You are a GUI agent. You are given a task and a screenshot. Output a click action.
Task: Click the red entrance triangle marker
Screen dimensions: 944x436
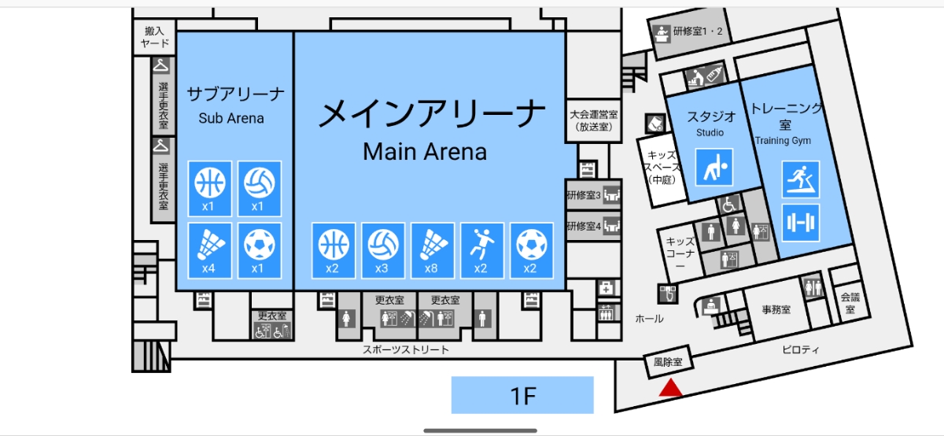pyautogui.click(x=670, y=389)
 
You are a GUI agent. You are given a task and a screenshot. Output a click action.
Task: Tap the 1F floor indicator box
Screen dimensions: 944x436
pyautogui.click(x=522, y=395)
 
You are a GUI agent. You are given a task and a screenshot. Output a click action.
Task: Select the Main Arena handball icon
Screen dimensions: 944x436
pyautogui.click(x=482, y=251)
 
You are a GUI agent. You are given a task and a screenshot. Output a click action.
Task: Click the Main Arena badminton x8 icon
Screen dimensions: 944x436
pyautogui.click(x=433, y=251)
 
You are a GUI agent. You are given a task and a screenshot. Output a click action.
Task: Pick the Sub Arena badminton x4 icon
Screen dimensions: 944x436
pyautogui.click(x=209, y=251)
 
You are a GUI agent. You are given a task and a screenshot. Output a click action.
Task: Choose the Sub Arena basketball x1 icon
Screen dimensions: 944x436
pyautogui.click(x=209, y=188)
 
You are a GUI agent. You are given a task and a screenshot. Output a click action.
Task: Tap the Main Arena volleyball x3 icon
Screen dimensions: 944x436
pyautogui.click(x=382, y=251)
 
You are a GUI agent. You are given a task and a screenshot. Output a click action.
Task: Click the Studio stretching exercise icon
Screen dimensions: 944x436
pyautogui.click(x=714, y=167)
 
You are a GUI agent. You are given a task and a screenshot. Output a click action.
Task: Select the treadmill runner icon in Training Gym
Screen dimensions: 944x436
pyautogui.click(x=801, y=179)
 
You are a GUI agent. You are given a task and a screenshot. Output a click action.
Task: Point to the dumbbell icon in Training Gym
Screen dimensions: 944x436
pyautogui.click(x=801, y=223)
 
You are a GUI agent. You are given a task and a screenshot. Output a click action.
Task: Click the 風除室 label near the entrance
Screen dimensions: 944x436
pyautogui.click(x=668, y=362)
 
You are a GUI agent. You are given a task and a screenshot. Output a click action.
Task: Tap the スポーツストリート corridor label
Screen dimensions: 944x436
pyautogui.click(x=406, y=349)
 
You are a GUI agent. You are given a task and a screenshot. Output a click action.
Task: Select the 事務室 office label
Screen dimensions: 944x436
pyautogui.click(x=776, y=309)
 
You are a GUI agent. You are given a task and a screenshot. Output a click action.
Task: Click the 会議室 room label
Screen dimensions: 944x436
pyautogui.click(x=850, y=303)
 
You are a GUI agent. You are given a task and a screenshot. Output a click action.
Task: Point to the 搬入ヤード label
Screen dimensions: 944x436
pyautogui.click(x=155, y=37)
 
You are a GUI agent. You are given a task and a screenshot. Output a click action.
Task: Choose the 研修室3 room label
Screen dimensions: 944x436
pyautogui.click(x=584, y=195)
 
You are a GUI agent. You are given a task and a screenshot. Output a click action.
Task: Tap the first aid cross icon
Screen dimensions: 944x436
pyautogui.click(x=606, y=289)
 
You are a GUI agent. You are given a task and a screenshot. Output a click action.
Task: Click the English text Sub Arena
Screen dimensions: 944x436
pyautogui.click(x=231, y=119)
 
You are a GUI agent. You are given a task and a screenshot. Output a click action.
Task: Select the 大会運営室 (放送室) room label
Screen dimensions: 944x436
pyautogui.click(x=593, y=120)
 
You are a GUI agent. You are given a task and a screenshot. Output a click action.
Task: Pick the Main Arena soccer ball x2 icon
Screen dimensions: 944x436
pyautogui.click(x=532, y=251)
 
